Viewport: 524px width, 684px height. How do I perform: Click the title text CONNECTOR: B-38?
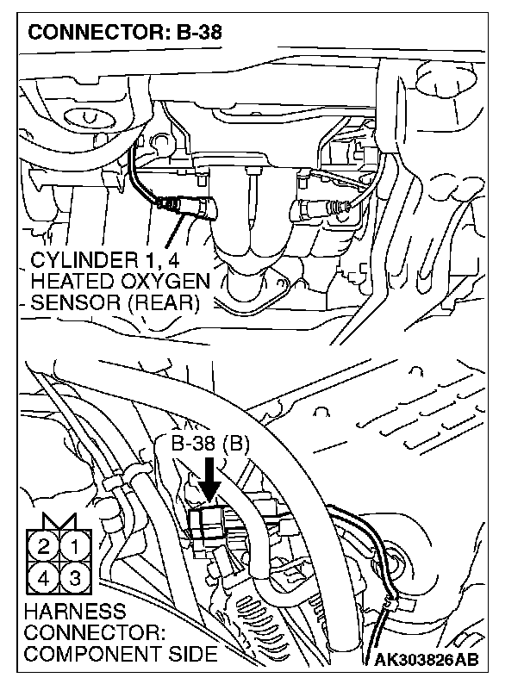click(122, 34)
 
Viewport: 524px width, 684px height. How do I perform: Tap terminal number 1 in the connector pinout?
click(75, 544)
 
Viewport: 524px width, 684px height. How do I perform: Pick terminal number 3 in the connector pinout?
click(75, 576)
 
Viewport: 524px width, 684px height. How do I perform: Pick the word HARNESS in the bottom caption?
click(65, 612)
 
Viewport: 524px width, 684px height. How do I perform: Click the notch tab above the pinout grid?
click(59, 521)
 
